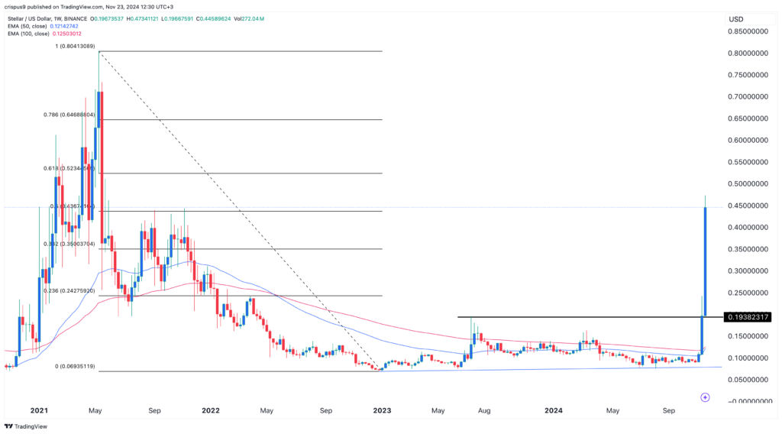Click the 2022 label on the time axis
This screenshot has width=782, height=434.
click(211, 410)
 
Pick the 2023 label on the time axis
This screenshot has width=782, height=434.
click(383, 410)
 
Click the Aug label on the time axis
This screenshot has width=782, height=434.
click(483, 410)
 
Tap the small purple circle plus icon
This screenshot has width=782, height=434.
click(705, 397)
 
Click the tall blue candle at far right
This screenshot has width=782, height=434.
click(705, 260)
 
